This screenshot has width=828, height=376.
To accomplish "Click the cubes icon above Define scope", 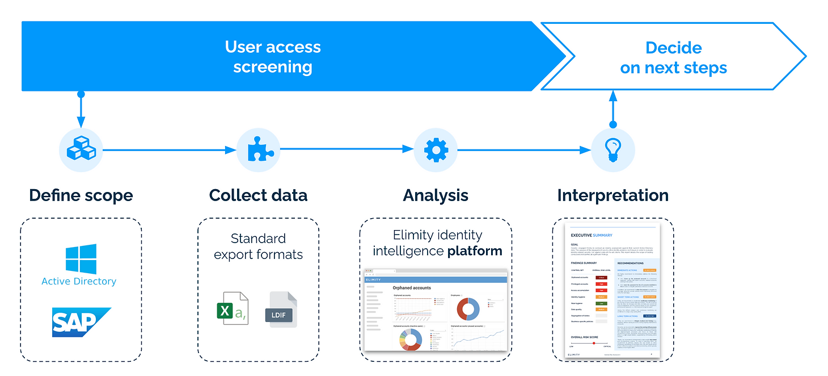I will [81, 150].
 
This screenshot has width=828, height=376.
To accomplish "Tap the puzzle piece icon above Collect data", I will [258, 150].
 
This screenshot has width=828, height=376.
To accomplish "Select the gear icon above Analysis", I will [436, 150].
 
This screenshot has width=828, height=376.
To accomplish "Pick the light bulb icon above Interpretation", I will [612, 150].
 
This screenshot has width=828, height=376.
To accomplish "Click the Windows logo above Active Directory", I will [81, 259].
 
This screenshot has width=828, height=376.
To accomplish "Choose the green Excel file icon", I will [232, 308].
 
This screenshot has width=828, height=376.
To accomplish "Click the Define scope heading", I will [81, 195].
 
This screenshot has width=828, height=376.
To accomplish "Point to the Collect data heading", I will [258, 195].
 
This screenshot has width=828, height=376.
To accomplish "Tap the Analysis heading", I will [436, 195].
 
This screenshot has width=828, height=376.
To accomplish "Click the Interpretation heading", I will [612, 195].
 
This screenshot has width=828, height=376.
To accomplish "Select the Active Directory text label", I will [79, 281].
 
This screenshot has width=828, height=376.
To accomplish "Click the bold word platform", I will [475, 250].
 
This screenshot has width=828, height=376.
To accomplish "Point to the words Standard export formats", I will [258, 246].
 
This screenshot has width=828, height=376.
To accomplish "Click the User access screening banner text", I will [273, 57].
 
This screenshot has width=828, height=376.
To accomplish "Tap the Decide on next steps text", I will [673, 57].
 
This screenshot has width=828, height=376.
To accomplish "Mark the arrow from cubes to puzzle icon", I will [169, 150].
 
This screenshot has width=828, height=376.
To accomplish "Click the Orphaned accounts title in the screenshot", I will [412, 288].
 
